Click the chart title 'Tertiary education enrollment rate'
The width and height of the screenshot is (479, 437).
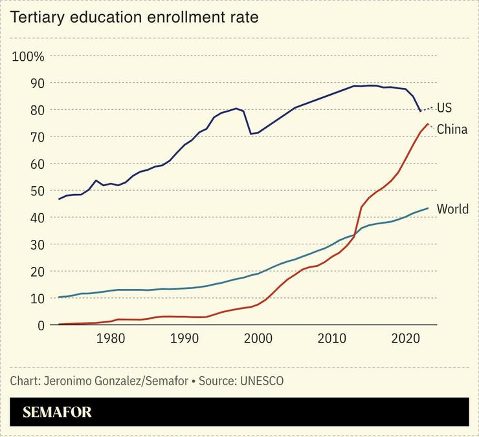tap(134, 17)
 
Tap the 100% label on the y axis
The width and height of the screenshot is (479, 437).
tap(28, 56)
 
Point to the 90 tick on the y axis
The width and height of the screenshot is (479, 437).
tap(38, 83)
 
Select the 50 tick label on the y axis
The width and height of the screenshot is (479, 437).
tap(38, 191)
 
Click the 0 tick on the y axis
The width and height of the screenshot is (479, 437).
tap(41, 325)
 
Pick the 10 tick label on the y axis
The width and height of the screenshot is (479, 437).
tap(38, 299)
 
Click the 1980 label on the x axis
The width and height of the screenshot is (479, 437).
tap(111, 338)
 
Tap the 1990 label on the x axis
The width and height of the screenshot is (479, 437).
tap(184, 338)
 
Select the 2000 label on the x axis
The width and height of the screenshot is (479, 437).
tap(258, 338)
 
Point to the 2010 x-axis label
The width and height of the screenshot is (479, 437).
tap(332, 338)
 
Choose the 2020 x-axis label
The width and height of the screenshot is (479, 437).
tap(406, 338)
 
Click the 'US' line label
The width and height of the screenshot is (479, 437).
tap(444, 108)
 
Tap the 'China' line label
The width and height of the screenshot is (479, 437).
tap(452, 130)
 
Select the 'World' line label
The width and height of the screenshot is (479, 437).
tap(452, 209)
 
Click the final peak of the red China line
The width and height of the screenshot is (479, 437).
tap(427, 123)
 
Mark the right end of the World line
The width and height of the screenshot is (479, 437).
tap(428, 208)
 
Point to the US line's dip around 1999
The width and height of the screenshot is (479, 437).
tap(251, 134)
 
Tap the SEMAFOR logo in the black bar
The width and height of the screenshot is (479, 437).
tap(58, 412)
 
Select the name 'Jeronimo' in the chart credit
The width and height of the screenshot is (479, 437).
tap(65, 381)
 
